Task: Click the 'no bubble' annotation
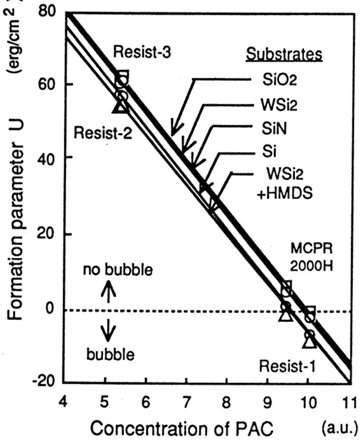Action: tap(117, 270)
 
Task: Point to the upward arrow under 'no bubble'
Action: tap(109, 291)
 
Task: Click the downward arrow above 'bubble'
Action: tap(109, 329)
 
